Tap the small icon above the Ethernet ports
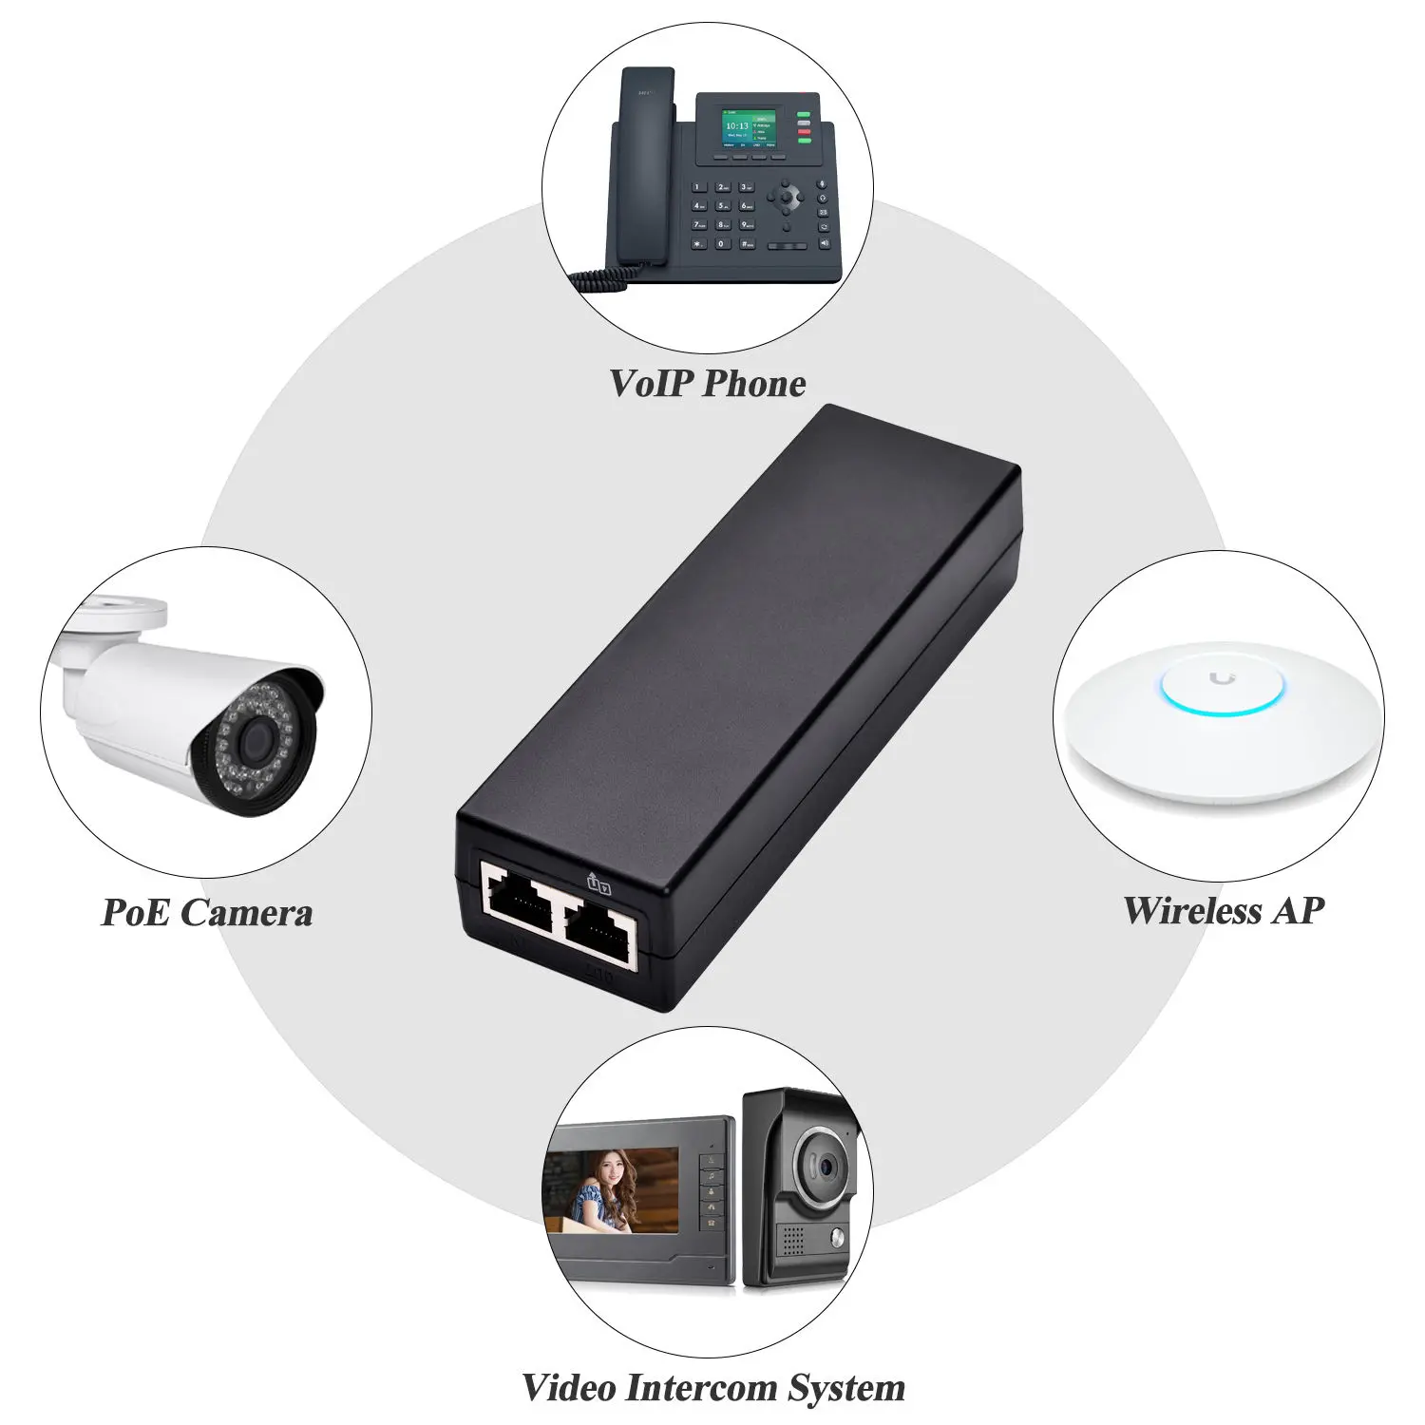coord(598,883)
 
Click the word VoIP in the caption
coord(651,383)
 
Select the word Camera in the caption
coord(246,913)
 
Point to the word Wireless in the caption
coord(1192,910)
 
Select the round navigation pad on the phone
coord(786,199)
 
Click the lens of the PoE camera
coord(254,740)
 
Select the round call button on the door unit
coord(837,1236)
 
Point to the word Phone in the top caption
coord(754,383)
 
